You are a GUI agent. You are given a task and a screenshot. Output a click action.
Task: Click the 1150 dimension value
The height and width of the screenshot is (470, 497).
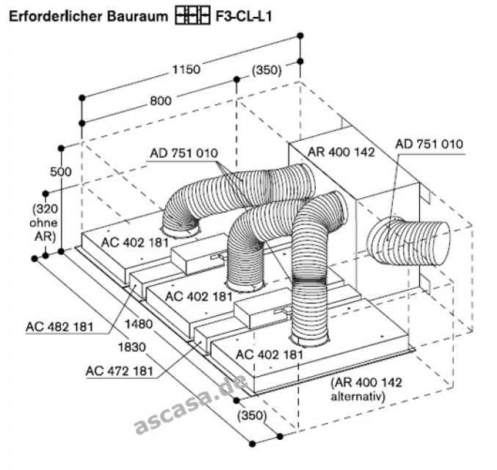click(186, 70)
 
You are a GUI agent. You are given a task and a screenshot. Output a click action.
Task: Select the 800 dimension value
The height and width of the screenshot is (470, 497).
click(161, 101)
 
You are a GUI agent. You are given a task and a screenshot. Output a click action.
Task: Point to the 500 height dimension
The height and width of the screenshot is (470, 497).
click(61, 172)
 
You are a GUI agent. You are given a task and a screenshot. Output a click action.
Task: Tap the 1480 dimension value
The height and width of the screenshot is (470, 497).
click(139, 324)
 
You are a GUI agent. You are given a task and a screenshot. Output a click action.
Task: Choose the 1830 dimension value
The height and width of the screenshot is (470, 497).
click(132, 347)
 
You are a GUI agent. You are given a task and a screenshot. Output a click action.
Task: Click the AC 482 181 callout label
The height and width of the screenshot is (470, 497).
click(60, 327)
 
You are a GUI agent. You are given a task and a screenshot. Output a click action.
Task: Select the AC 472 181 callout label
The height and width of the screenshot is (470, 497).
click(120, 371)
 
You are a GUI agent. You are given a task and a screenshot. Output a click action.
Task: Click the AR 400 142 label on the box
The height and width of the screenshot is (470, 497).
click(341, 152)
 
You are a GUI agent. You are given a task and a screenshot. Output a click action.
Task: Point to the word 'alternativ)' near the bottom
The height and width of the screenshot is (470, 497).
click(358, 396)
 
